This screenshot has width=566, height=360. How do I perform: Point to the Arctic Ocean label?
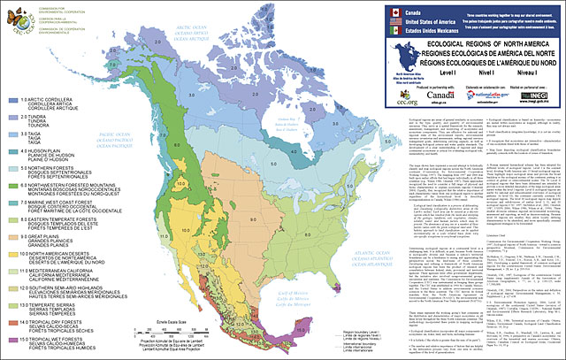click(x=177, y=35)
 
